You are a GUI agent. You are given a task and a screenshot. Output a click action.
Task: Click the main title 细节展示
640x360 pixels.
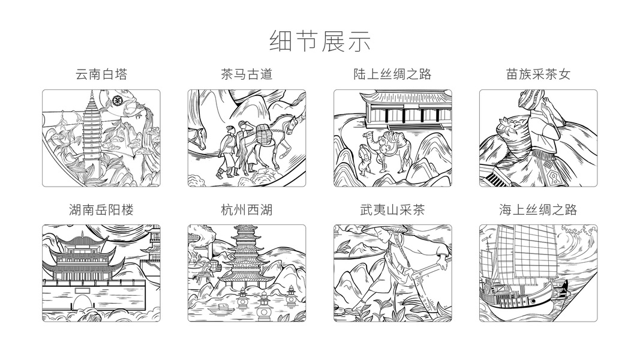(x=320, y=40)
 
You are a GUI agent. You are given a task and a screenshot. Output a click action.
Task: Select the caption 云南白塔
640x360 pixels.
(x=101, y=74)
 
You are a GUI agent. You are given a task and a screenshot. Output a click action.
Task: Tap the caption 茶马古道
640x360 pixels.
(x=247, y=74)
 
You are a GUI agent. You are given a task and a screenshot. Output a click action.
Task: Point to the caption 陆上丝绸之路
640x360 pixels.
(x=392, y=74)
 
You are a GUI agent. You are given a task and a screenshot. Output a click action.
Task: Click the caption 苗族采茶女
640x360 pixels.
(x=538, y=74)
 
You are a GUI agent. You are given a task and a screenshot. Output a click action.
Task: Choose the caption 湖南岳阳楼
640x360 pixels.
(x=101, y=209)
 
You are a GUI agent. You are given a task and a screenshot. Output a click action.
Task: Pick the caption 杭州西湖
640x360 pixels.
(x=247, y=209)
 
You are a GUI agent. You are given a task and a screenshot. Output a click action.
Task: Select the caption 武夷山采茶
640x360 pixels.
(x=392, y=209)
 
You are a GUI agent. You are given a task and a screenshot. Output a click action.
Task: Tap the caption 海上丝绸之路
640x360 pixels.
(x=538, y=209)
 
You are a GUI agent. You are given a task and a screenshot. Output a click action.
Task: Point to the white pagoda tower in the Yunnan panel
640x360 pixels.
(x=91, y=129)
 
